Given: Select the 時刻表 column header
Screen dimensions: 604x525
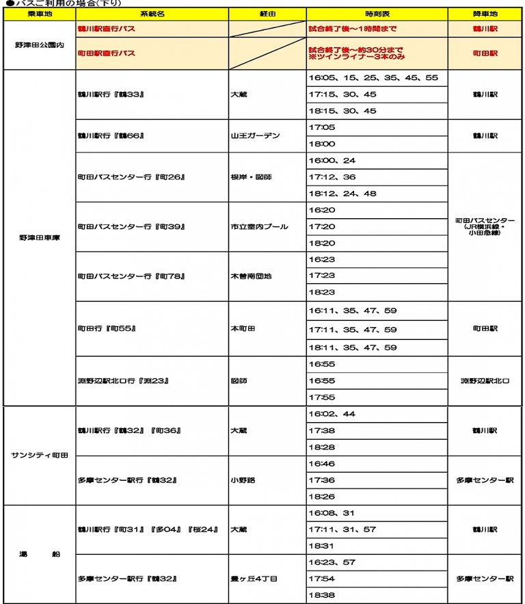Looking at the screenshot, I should pos(377,14).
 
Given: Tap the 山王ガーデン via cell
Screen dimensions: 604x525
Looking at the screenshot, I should pos(256,135).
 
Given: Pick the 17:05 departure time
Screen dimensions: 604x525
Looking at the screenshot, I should pos(322,127).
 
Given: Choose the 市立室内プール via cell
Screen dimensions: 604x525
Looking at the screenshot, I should pos(259,226).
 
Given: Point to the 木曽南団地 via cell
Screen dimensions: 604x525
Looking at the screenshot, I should pos(251,276).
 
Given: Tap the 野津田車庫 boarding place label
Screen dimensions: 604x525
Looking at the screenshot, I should pos(38,237).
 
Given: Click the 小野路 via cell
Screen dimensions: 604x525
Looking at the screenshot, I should pos(243,480).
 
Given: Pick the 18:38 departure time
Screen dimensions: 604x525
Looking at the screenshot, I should pos(322,595).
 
